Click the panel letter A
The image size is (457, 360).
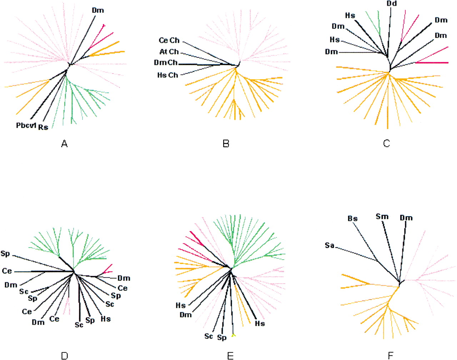click(64, 144)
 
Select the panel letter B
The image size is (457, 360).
click(226, 144)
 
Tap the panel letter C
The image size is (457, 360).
click(387, 144)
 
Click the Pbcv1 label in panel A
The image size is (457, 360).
click(26, 125)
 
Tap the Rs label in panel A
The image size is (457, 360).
click(43, 127)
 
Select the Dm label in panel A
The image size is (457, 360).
click(98, 10)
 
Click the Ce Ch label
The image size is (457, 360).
click(169, 40)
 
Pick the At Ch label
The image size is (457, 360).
click(169, 52)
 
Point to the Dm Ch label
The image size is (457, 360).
click(166, 62)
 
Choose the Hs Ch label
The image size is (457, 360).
click(167, 75)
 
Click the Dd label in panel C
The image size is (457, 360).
click(391, 4)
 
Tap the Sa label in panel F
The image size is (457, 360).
click(330, 245)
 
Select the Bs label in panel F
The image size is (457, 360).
click(353, 219)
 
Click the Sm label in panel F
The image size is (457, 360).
click(382, 216)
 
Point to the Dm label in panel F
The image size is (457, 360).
click(406, 218)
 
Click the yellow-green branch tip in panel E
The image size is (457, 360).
click(233, 335)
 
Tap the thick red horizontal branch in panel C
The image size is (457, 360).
click(432, 63)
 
